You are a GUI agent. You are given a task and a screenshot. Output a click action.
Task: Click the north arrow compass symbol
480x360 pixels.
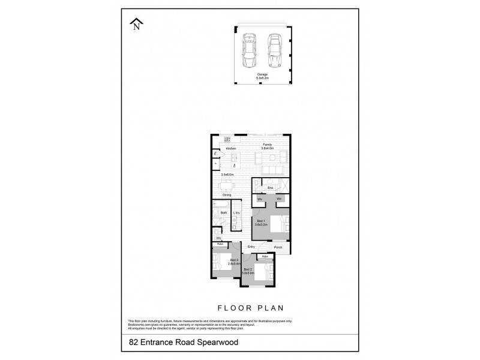tap(137, 24)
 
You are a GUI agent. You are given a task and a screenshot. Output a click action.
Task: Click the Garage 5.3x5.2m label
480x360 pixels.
tap(262, 76)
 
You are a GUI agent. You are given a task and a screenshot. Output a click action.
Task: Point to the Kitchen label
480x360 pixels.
tap(231, 149)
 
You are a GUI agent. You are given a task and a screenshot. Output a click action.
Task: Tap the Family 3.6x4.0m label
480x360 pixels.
tap(267, 146)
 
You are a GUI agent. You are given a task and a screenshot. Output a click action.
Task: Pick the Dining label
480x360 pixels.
tap(227, 195)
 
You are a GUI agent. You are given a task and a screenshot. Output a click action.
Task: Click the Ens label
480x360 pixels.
tap(270, 188)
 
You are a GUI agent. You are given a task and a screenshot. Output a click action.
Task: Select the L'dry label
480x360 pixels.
tap(237, 213)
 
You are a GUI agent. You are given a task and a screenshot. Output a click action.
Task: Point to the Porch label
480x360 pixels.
tap(278, 247)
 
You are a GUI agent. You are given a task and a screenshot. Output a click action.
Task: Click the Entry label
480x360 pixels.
tap(251, 247)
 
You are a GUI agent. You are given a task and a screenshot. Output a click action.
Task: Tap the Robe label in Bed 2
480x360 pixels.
tap(265, 257)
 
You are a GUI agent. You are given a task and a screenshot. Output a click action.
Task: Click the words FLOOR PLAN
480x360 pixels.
tap(250, 307)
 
